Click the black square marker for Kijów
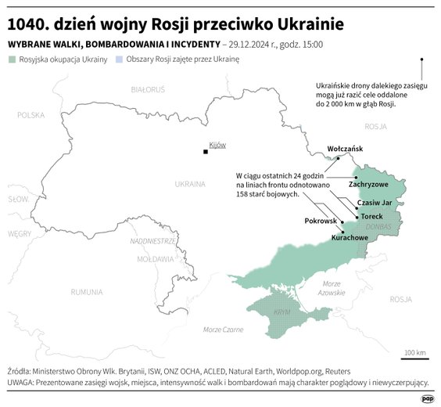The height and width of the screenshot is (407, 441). coord(206,152)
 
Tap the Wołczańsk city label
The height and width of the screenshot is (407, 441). coord(345,148)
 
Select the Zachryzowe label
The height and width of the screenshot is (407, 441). coord(368,184)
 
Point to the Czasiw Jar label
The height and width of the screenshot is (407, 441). coord(375,202)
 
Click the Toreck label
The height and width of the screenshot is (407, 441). coord(372,214)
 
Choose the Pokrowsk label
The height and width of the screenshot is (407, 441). coord(320,222)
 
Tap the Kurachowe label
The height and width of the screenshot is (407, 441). coord(349,236)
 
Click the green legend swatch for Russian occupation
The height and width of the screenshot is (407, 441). coord(11,59)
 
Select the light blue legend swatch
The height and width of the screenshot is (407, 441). coord(119,59)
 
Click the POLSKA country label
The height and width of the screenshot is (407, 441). coord(32,115)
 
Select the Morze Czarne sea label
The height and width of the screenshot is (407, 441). coord(223,330)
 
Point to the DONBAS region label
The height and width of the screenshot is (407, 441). coord(378,227)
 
